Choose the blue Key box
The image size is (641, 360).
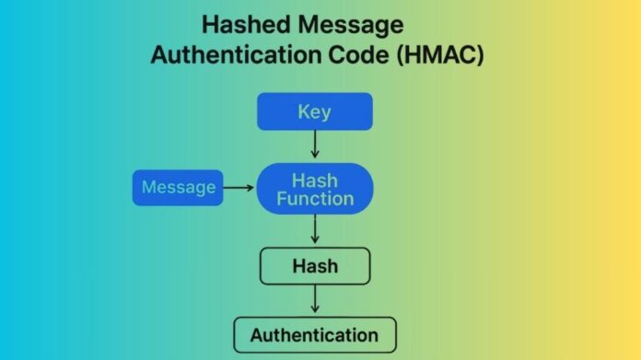[315, 111]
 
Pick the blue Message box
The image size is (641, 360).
[178, 188]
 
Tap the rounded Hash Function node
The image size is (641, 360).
[315, 188]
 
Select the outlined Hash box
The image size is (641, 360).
[315, 266]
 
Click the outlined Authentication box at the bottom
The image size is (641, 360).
[315, 335]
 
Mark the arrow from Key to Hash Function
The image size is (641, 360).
[315, 144]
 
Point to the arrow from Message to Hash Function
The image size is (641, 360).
[239, 188]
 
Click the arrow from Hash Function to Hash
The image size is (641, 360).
[315, 229]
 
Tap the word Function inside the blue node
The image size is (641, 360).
[316, 198]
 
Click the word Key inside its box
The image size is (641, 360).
[315, 112]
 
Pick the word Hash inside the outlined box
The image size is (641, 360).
[315, 267]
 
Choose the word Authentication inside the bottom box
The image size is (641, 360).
[315, 335]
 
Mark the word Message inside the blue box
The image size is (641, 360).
[178, 188]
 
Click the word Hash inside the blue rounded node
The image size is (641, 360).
[315, 179]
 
